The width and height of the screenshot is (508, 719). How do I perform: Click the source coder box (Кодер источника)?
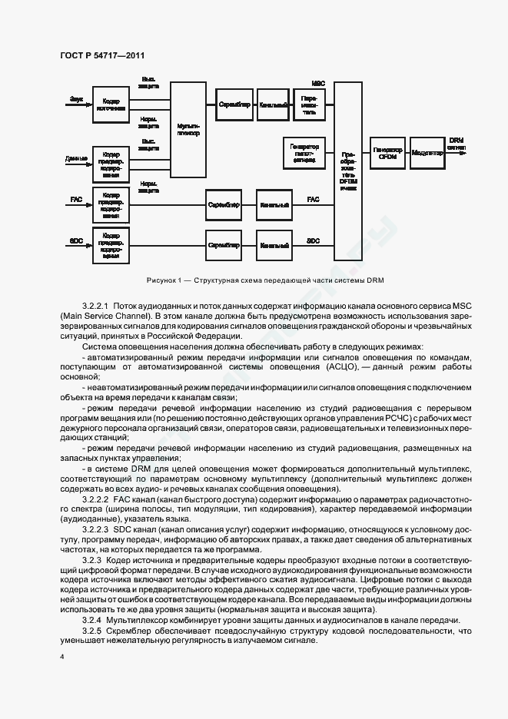tap(111, 104)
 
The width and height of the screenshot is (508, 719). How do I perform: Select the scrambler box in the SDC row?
tap(224, 245)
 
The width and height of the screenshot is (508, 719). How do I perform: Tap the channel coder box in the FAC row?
tap(274, 205)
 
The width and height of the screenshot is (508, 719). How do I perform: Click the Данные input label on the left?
tap(76, 159)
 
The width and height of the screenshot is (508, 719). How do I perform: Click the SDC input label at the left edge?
tap(76, 240)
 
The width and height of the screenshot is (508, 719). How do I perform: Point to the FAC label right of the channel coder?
tap(314, 200)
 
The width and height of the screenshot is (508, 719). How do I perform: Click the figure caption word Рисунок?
tap(161, 280)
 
